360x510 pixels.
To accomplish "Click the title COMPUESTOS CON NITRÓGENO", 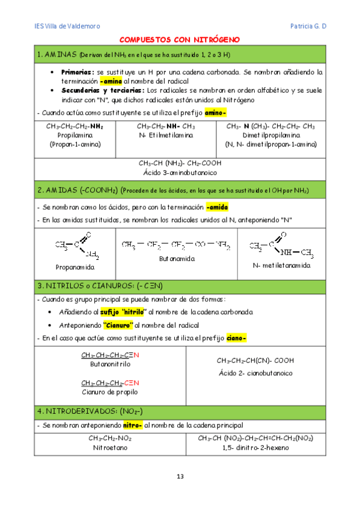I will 180,40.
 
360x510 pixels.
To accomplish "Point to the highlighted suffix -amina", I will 111,80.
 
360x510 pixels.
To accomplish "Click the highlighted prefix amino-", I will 215,112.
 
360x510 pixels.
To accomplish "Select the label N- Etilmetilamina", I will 165,136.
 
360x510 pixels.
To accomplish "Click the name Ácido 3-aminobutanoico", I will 180,173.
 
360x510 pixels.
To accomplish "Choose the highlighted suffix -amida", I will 217,207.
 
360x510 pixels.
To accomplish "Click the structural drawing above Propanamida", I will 78,246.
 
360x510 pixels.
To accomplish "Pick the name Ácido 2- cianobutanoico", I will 255,373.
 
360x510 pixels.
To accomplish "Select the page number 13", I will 180,477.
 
